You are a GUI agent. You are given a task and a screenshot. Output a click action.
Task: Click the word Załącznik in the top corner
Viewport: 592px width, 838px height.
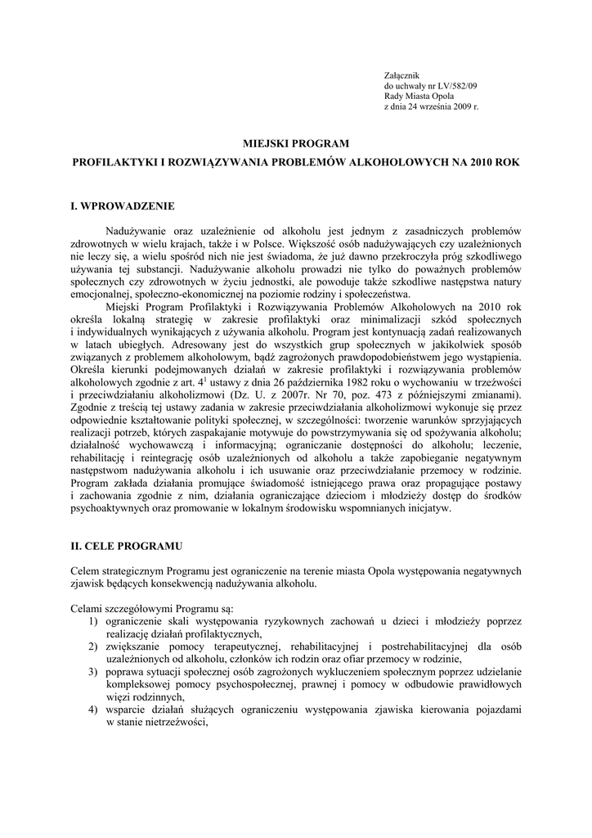[401, 75]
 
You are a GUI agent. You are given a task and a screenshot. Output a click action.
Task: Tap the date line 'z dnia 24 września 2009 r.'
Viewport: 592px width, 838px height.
[431, 107]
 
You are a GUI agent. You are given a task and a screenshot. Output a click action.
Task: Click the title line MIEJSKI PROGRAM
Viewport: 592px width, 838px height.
[295, 143]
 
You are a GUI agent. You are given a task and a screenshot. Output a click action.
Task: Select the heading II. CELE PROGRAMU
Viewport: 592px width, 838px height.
[127, 544]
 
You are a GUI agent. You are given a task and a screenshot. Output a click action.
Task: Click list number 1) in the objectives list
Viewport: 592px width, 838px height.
[94, 621]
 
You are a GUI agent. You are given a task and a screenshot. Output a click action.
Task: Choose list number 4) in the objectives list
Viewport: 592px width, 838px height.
[94, 710]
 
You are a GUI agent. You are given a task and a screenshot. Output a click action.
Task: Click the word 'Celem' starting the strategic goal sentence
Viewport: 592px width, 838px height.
[87, 570]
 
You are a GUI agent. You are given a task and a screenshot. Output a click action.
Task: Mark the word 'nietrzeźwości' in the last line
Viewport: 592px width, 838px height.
[172, 723]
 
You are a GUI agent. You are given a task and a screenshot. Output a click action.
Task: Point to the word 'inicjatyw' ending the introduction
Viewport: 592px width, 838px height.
[425, 507]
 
